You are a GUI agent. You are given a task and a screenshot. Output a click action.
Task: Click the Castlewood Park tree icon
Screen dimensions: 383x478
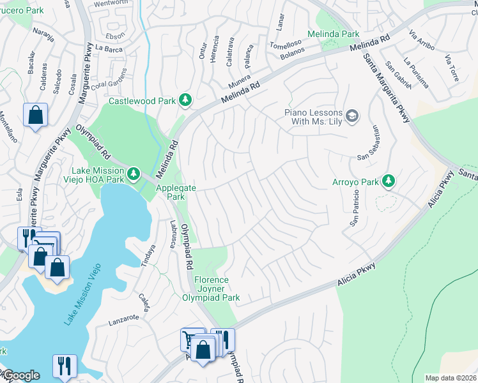click(185, 100)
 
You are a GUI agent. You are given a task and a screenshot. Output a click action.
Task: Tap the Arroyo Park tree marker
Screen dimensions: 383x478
click(388, 181)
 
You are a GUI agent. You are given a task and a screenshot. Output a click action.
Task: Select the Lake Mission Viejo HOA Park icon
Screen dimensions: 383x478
click(134, 173)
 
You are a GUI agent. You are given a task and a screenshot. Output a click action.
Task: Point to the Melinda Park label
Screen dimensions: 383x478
click(333, 34)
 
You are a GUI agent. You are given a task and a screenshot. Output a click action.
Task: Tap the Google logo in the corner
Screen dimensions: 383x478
click(20, 375)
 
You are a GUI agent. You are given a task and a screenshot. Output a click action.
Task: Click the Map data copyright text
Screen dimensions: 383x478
click(451, 378)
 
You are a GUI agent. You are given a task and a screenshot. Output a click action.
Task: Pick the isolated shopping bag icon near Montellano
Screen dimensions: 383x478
click(36, 116)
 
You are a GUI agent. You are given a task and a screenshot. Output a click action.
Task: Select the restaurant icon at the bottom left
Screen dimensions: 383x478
click(65, 366)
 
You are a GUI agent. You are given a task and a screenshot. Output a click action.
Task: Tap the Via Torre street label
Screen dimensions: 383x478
click(451, 70)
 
